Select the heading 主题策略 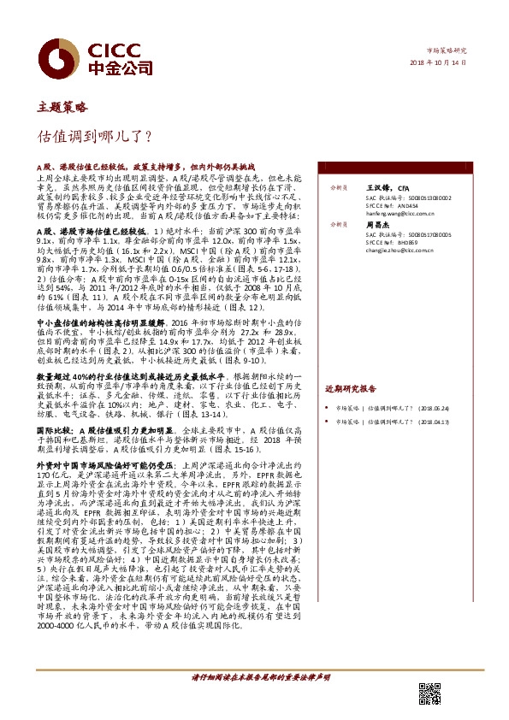coord(62,107)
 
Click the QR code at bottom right coord(428,692)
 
